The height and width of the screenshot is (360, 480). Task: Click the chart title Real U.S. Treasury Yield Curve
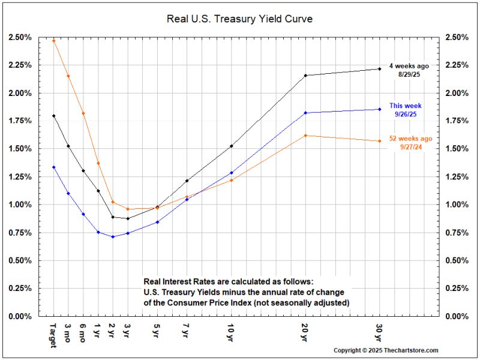[x=239, y=19]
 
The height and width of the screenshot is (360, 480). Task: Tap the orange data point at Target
[x=54, y=40]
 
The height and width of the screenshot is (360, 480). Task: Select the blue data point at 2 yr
[x=112, y=236]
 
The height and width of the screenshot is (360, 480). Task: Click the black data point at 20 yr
[x=305, y=76]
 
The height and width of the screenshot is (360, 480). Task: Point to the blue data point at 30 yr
[x=380, y=109]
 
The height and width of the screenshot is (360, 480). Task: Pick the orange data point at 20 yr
[x=305, y=136]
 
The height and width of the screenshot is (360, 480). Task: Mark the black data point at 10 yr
[x=231, y=146]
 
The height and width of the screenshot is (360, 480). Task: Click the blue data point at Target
[x=54, y=167]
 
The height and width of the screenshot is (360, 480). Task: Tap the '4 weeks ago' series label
[x=410, y=65]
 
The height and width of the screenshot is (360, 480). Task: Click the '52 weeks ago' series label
[x=410, y=139]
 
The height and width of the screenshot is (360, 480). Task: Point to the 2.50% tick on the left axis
[x=20, y=37]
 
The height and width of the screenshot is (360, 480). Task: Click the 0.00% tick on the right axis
[x=457, y=316]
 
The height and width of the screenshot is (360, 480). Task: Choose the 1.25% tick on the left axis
[x=20, y=176]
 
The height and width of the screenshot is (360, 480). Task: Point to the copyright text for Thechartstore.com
[x=386, y=350]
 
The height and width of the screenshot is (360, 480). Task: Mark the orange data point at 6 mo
[x=83, y=113]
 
